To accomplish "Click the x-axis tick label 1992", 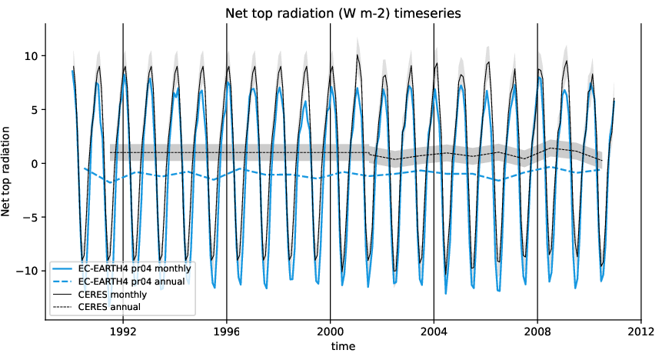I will pyautogui.click(x=123, y=332).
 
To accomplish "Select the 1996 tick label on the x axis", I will pyautogui.click(x=227, y=332).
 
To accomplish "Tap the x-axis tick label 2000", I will pyautogui.click(x=330, y=332).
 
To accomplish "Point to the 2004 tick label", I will pyautogui.click(x=434, y=332).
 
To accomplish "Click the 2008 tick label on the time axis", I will pyautogui.click(x=537, y=332).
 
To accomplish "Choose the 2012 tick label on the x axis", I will pyautogui.click(x=640, y=332).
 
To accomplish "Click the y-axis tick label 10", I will pyautogui.click(x=29, y=56).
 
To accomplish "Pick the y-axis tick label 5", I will pyautogui.click(x=32, y=110).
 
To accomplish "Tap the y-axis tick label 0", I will pyautogui.click(x=32, y=164).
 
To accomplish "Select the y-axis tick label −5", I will pyautogui.click(x=29, y=217).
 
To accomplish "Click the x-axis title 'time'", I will pyautogui.click(x=342, y=347).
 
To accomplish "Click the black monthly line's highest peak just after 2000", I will pyautogui.click(x=358, y=55).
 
